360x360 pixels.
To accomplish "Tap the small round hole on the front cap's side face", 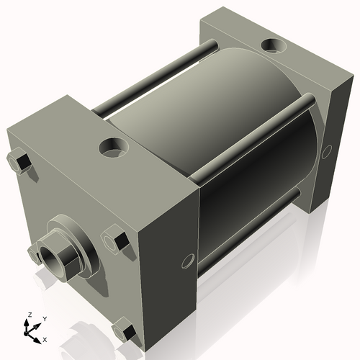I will click(x=189, y=259).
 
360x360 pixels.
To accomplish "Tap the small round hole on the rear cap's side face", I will click(x=326, y=151).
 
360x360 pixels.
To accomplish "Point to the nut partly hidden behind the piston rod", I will click(x=32, y=252).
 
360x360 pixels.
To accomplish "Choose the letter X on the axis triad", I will click(x=45, y=338).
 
